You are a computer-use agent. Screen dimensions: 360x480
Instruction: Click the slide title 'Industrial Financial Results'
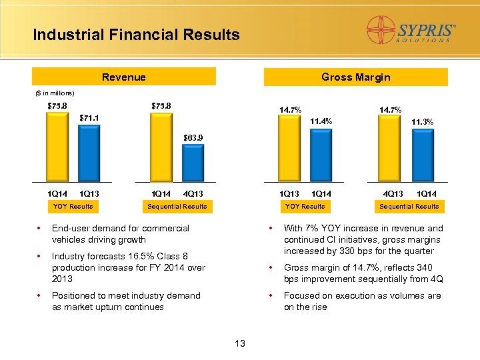pos(136,35)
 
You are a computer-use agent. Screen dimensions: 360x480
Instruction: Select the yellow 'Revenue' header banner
pos(123,77)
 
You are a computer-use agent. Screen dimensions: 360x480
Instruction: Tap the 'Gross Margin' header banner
pos(355,77)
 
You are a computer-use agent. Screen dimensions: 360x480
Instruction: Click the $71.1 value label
pos(90,118)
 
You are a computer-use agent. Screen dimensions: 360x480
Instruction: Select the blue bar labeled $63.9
pos(193,163)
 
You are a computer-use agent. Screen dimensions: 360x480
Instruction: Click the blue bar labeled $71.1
pos(90,153)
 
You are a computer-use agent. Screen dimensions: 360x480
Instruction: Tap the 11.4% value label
pos(321,121)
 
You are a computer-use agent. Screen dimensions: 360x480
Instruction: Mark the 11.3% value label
pos(422,122)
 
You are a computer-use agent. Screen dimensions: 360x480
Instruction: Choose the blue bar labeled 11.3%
pos(422,155)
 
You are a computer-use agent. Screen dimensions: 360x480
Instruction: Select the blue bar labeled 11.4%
pos(321,155)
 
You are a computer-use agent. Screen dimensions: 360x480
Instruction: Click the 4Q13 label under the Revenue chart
pos(193,194)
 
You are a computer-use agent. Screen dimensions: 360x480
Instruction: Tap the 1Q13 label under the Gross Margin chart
pos(289,194)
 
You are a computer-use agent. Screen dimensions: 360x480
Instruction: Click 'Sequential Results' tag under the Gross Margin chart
pos(409,207)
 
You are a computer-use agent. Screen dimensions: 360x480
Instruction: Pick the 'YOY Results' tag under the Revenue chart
pos(73,207)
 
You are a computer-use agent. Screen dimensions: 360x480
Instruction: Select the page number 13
pos(240,343)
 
